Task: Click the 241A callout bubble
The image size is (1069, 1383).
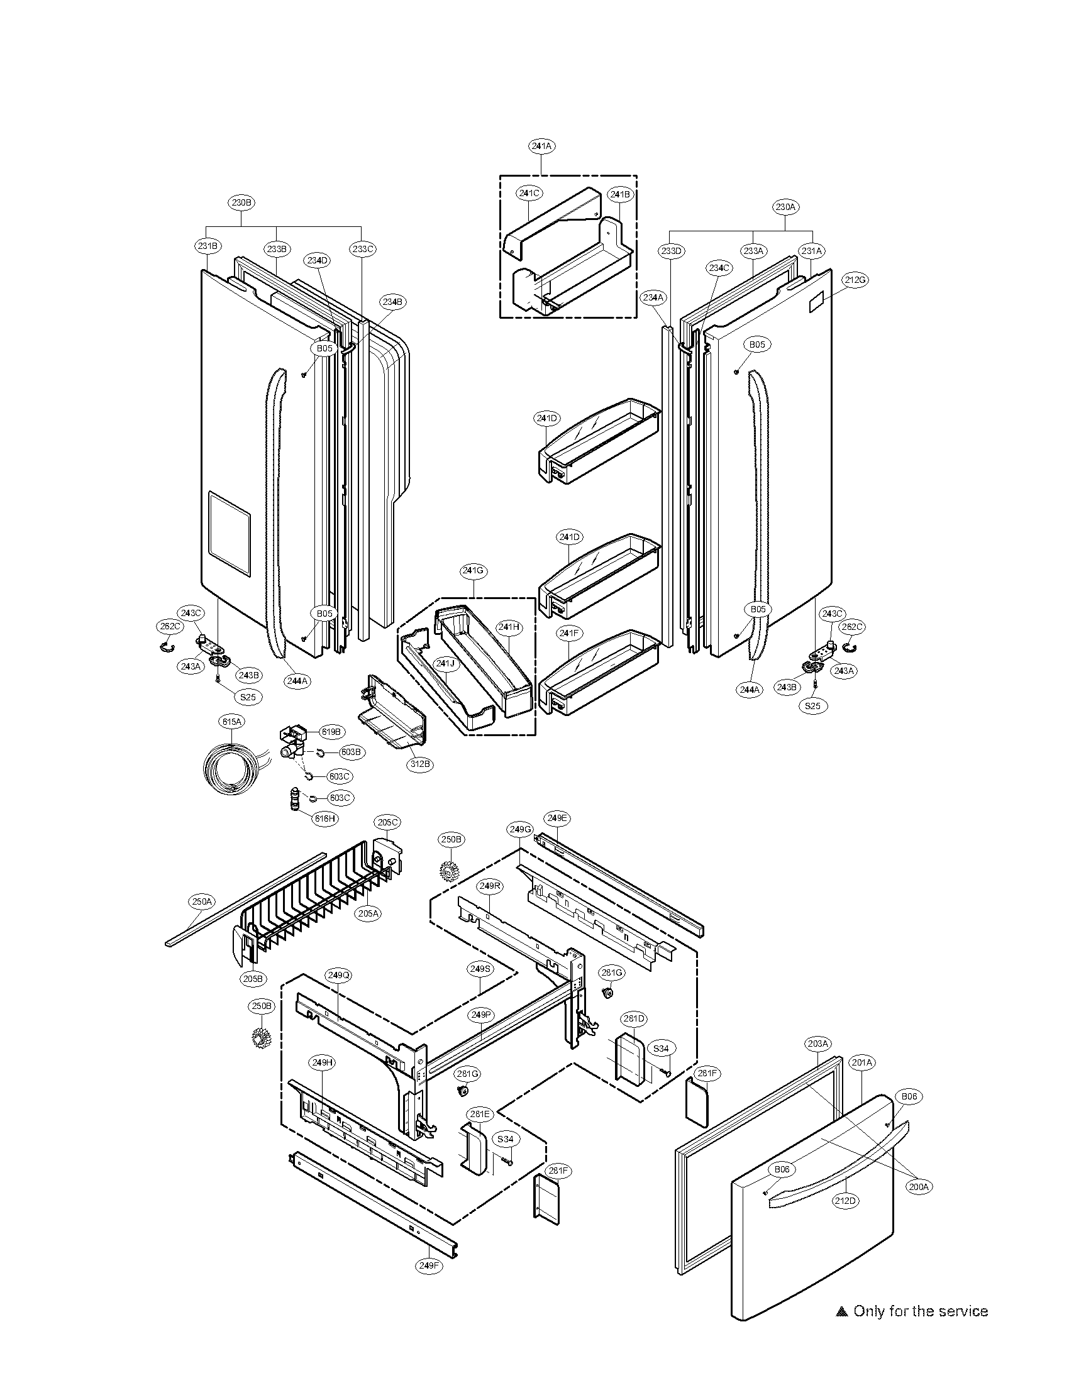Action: pyautogui.click(x=541, y=146)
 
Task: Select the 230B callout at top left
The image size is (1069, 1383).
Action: pyautogui.click(x=242, y=202)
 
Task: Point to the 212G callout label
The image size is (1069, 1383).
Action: pyautogui.click(x=855, y=280)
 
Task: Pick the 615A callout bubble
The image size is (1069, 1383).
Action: pyautogui.click(x=232, y=721)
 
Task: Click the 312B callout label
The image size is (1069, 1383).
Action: pyautogui.click(x=420, y=764)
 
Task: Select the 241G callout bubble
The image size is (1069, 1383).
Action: pyautogui.click(x=473, y=571)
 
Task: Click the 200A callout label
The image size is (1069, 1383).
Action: pyautogui.click(x=918, y=1187)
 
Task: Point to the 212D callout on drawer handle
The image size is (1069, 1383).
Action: pyautogui.click(x=846, y=1200)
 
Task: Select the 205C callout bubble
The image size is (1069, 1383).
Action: pyautogui.click(x=387, y=823)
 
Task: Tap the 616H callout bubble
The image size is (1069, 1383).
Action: pyautogui.click(x=324, y=818)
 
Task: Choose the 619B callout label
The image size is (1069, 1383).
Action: pyautogui.click(x=331, y=732)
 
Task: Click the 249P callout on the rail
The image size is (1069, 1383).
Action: pyautogui.click(x=480, y=1015)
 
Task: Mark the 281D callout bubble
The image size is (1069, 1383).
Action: pyautogui.click(x=633, y=1018)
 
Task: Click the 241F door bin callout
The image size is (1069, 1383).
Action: pyautogui.click(x=568, y=633)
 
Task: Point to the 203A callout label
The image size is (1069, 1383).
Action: pyautogui.click(x=817, y=1043)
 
